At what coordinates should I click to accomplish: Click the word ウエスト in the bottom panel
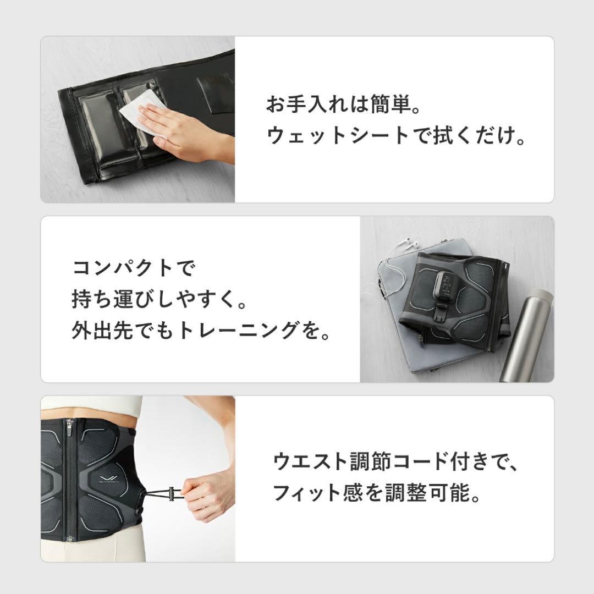click(x=308, y=461)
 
